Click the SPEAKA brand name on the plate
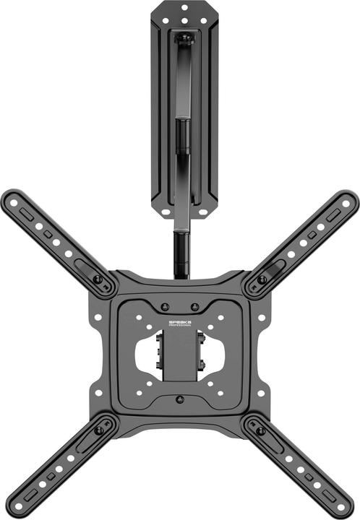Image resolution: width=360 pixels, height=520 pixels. tap(180, 321)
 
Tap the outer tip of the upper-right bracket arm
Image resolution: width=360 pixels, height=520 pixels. tap(351, 197)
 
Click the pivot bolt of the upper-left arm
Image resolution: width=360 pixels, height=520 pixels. tap(98, 279)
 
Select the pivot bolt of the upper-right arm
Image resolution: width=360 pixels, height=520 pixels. tap(262, 279)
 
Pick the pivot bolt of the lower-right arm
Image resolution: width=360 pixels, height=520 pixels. tap(261, 430)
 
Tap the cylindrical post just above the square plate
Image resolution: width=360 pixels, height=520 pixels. tap(180, 253)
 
